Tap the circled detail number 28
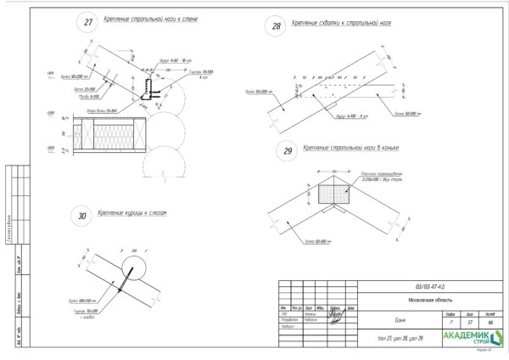click(x=276, y=26)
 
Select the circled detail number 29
click(x=288, y=151)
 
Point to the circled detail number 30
click(x=82, y=217)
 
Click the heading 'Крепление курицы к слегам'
click(x=137, y=213)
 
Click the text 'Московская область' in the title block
click(x=428, y=299)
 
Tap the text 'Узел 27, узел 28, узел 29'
click(x=398, y=340)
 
